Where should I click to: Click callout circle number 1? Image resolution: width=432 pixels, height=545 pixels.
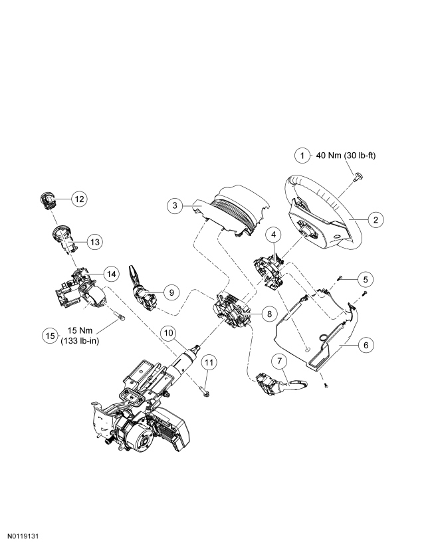click(x=302, y=156)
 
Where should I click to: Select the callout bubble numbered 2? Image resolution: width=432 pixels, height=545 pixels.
click(x=376, y=220)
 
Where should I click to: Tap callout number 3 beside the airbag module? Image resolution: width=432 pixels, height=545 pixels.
click(x=175, y=205)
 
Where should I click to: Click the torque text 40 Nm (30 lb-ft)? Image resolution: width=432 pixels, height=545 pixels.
click(x=346, y=156)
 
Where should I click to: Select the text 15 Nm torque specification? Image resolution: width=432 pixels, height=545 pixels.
click(x=80, y=330)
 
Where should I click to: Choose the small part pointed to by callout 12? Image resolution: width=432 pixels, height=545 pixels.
click(x=47, y=201)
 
